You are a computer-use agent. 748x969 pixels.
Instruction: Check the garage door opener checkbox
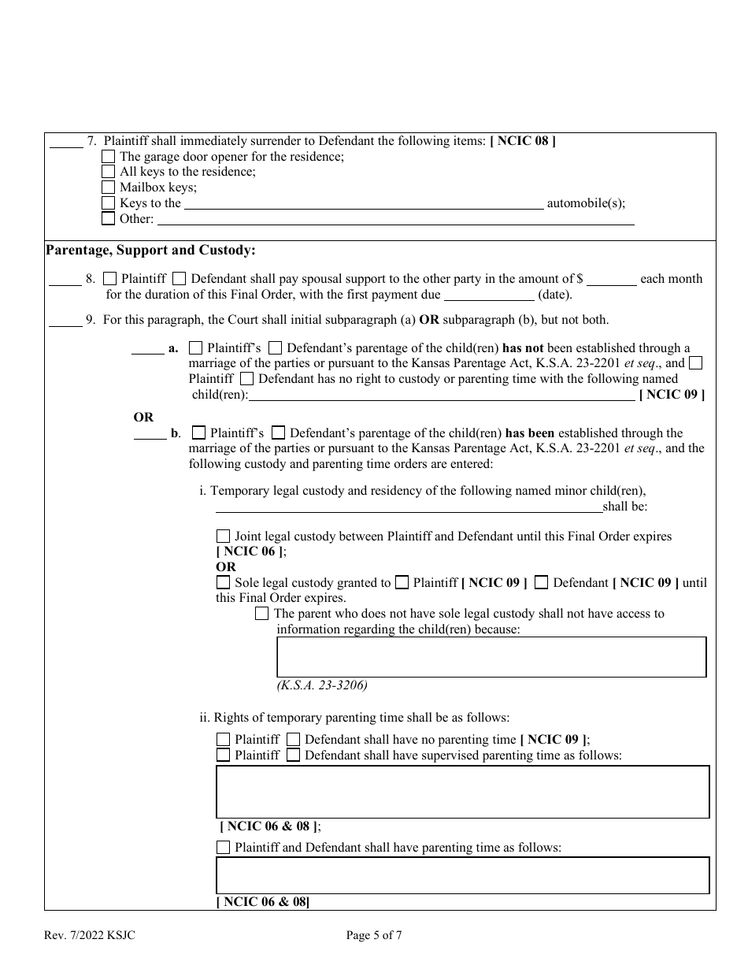point(109,157)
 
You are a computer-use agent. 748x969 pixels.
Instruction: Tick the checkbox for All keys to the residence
point(109,172)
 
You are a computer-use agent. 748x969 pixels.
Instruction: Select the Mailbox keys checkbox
point(109,187)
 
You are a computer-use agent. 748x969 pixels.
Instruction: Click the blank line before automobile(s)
point(363,205)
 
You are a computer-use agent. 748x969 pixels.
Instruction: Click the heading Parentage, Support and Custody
point(150,251)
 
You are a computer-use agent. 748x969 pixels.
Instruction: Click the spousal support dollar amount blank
point(612,280)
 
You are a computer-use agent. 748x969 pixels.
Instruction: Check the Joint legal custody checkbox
point(223,536)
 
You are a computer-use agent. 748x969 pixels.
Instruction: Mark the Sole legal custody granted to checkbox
point(223,583)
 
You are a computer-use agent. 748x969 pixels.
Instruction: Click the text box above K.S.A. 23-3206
point(491,657)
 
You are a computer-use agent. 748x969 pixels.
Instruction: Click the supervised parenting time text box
point(462,791)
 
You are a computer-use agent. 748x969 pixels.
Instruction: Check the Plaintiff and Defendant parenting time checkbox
point(223,848)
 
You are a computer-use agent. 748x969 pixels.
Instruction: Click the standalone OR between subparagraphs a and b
point(143,417)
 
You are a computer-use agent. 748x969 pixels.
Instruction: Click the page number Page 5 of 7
point(374,936)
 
